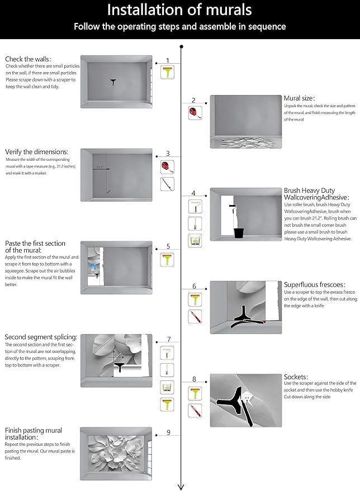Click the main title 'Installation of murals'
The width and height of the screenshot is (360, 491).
tap(179, 9)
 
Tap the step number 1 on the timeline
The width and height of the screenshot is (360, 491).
tap(167, 60)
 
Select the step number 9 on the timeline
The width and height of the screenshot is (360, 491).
tap(168, 432)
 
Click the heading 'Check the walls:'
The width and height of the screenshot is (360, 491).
tap(28, 59)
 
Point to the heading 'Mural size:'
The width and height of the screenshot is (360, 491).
tap(299, 98)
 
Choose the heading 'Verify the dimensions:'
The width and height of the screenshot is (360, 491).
tap(36, 151)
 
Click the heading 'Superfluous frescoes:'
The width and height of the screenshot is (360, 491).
tap(314, 284)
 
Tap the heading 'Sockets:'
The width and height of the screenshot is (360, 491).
tap(296, 377)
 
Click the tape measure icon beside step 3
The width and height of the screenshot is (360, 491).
tap(167, 166)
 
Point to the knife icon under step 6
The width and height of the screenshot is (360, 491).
tap(195, 317)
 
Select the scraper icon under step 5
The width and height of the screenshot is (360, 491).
tap(167, 259)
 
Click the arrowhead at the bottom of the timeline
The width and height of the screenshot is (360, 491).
tap(181, 485)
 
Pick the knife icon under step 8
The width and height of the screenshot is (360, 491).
tap(195, 412)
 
